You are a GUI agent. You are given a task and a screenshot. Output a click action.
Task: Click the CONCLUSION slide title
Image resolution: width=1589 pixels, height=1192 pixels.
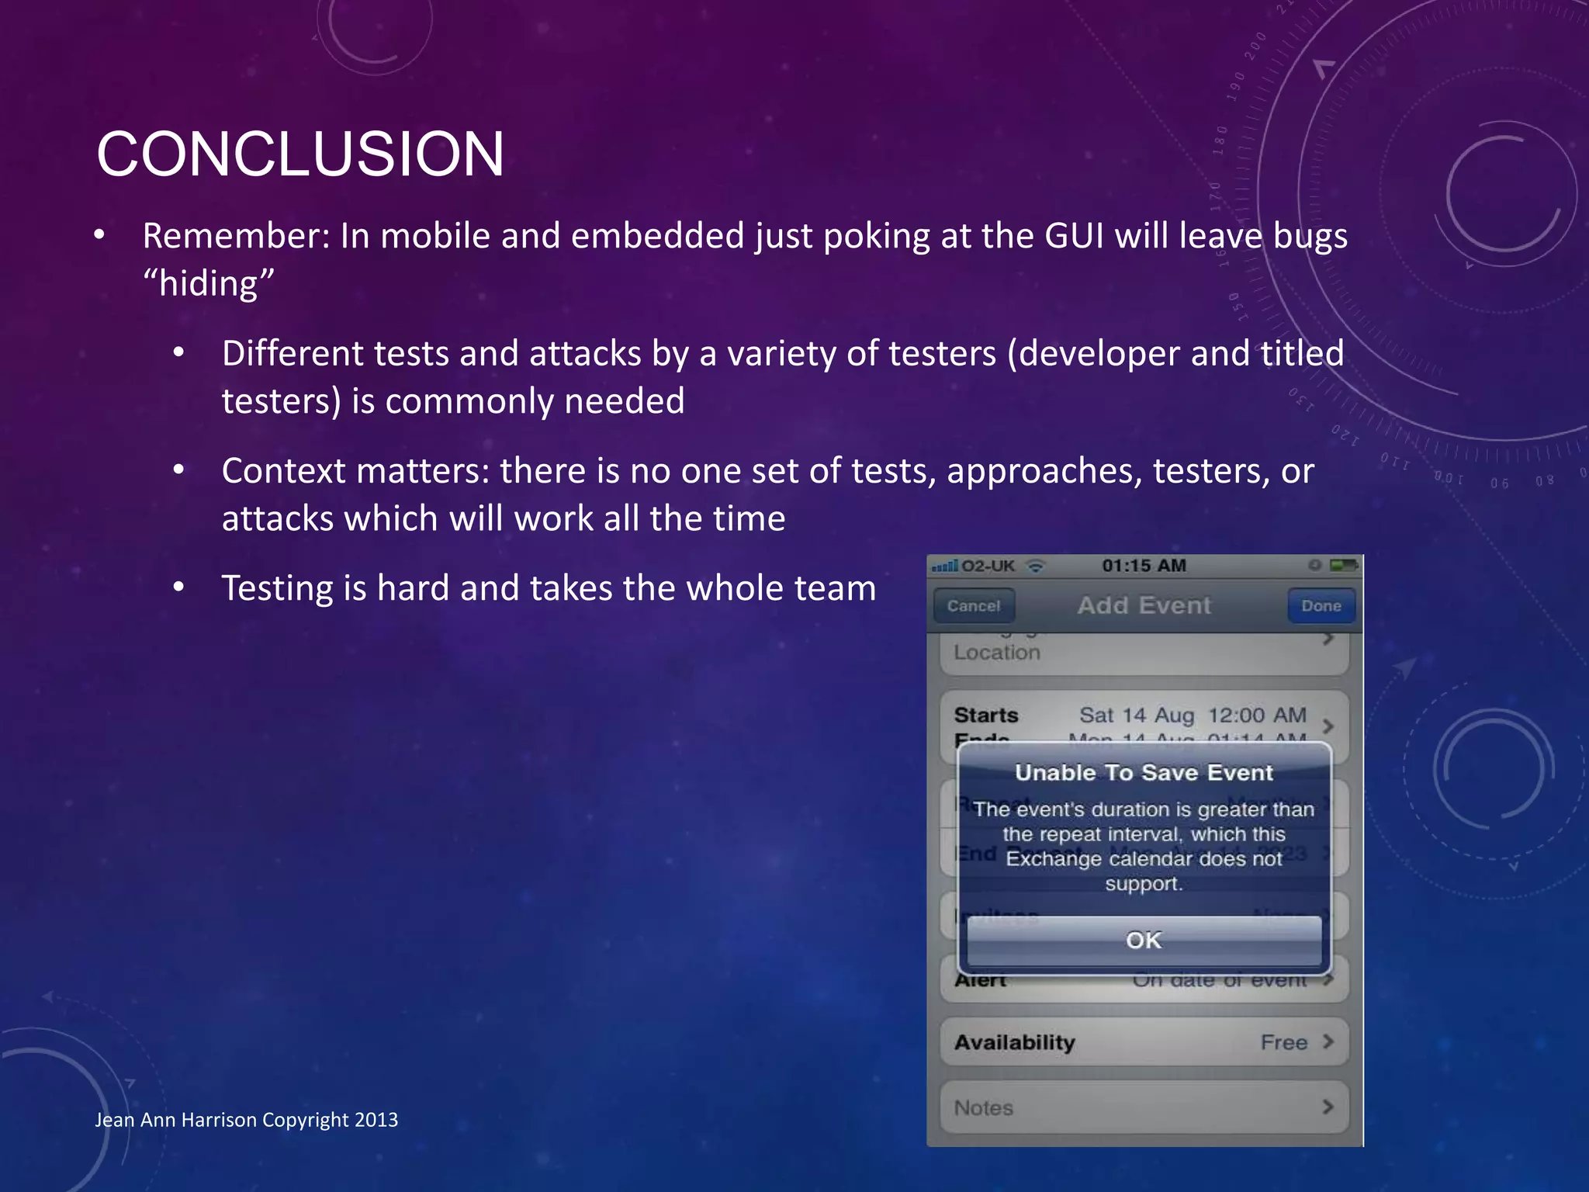300,154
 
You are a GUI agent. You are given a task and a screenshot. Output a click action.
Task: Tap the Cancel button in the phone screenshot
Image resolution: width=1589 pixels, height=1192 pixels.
974,606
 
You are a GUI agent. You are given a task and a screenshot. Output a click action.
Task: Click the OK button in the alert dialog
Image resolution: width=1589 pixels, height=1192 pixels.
1144,941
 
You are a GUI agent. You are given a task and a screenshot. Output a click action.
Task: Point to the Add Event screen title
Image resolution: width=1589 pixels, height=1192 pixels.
1144,605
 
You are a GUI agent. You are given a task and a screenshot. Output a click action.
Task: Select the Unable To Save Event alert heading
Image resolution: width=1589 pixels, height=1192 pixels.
1144,773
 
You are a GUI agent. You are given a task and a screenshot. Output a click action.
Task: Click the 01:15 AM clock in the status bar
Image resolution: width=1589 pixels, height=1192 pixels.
1144,566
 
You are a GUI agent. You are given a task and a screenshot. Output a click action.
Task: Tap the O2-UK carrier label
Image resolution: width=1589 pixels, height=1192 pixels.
988,566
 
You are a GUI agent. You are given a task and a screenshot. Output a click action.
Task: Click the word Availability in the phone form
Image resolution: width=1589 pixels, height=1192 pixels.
1014,1042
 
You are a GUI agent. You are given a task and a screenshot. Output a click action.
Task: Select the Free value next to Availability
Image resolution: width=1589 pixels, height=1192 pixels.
1284,1042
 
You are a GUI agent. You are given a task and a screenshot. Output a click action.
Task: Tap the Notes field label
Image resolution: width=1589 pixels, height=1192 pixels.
983,1108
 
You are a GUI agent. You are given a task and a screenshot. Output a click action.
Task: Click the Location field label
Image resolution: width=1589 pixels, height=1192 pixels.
996,653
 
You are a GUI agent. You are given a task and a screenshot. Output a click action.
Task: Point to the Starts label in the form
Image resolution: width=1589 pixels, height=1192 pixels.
985,715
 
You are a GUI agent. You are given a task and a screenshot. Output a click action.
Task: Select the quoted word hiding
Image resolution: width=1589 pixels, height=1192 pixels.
209,283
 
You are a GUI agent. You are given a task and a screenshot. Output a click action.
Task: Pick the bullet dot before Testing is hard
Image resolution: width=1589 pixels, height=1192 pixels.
178,588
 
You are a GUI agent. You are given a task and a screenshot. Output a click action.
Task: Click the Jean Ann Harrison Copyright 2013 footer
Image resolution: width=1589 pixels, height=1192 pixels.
246,1120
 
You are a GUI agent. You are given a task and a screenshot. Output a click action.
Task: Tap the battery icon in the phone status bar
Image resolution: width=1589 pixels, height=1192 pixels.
1343,565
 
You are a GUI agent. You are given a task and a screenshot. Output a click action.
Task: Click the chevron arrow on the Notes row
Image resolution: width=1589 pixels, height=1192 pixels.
1328,1107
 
